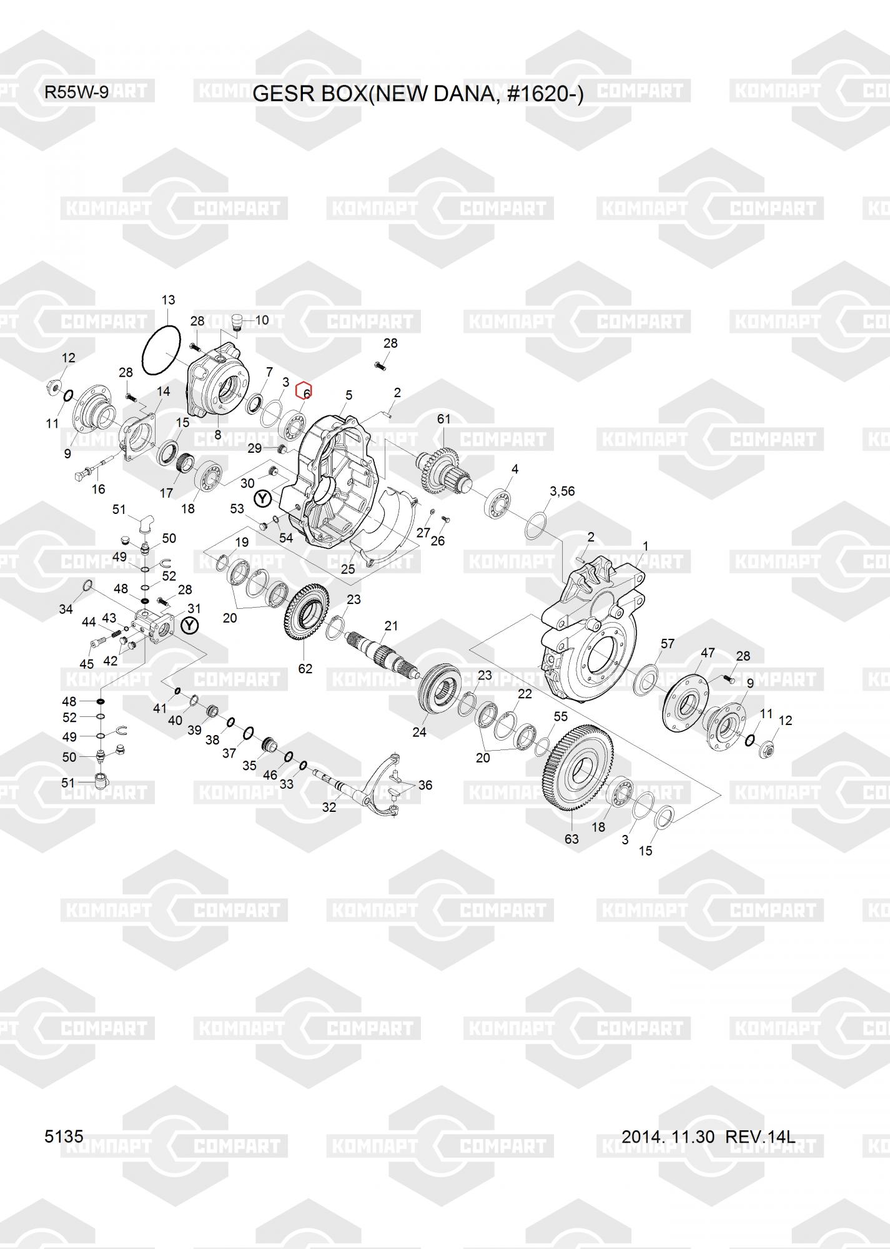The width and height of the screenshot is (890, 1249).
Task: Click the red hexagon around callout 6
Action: pos(304,390)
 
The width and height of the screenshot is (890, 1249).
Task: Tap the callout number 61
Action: pos(443,419)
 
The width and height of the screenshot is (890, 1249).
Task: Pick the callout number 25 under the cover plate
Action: pos(348,569)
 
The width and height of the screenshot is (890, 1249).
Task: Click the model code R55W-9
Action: pos(76,92)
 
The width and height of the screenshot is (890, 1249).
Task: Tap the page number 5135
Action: pos(64,1136)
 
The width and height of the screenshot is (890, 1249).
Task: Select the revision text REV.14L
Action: pos(760,1137)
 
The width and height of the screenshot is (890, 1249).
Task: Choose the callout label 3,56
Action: pos(562,491)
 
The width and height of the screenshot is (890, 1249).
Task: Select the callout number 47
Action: pos(708,653)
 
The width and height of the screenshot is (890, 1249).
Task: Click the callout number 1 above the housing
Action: pos(645,546)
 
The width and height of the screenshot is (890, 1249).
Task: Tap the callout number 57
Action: pos(668,644)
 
